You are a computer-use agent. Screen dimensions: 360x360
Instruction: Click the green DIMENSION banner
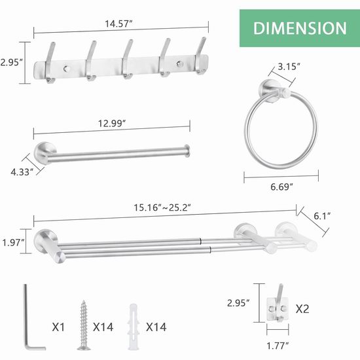(x=300, y=28)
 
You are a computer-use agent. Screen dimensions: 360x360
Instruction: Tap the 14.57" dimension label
(x=119, y=24)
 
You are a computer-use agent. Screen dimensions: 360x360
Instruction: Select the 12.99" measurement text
(x=112, y=124)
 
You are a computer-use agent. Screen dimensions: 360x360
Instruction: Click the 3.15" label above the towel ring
(x=289, y=67)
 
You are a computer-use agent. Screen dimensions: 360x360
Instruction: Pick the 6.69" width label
(x=281, y=187)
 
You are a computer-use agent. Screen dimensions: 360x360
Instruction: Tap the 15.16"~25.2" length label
(x=162, y=207)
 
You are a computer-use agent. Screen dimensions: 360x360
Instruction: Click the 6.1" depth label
(x=322, y=216)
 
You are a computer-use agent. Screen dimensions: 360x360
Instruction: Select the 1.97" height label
(x=13, y=242)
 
